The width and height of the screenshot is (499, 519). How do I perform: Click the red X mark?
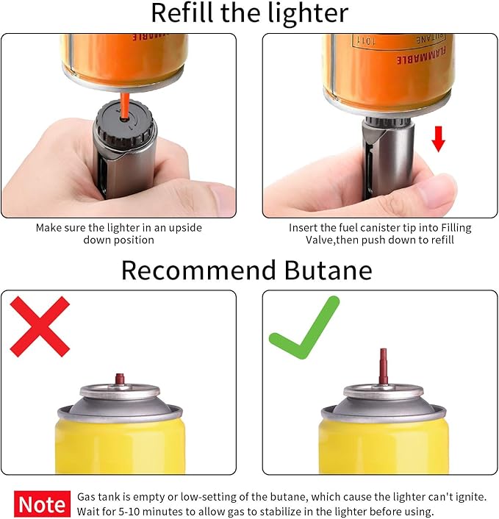click(x=40, y=326)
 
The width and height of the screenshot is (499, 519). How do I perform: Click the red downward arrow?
click(x=438, y=138)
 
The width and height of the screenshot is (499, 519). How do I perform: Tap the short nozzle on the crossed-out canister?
click(x=119, y=379)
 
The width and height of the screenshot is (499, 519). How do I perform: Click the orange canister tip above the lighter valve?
click(x=126, y=104)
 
